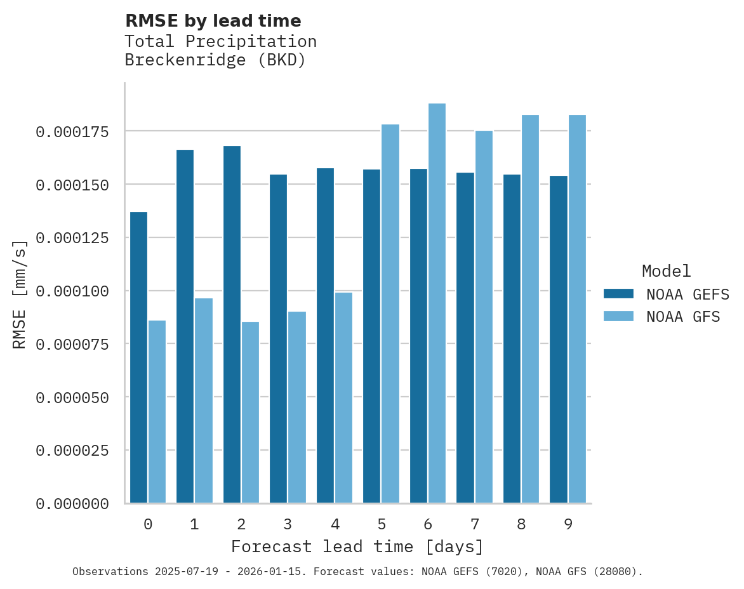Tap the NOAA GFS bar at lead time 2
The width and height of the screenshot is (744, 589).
point(250,413)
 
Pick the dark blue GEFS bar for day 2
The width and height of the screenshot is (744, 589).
point(232,324)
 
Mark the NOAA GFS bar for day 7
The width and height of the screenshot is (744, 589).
point(484,317)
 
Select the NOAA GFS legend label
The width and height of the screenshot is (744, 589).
point(683,316)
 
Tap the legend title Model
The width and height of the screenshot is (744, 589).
point(666,271)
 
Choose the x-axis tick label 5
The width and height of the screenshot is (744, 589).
point(382,524)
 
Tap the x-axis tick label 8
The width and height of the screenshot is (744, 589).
point(521,524)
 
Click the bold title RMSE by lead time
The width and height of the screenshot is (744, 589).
point(213,21)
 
